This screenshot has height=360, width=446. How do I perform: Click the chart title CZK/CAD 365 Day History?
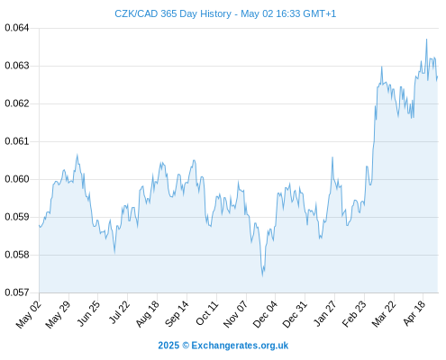pos(173,13)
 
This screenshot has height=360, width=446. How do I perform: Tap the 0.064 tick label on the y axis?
pos(17,28)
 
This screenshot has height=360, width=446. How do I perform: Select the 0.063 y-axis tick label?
pos(17,66)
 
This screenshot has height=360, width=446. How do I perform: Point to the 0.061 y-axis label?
pos(17,141)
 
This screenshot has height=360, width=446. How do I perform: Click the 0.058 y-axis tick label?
pos(17,255)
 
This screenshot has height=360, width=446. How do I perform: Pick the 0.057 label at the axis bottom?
pos(17,292)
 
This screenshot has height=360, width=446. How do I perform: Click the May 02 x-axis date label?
pos(29,313)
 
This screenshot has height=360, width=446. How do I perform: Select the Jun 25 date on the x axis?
pos(88,313)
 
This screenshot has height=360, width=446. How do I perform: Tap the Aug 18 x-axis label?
pos(147,313)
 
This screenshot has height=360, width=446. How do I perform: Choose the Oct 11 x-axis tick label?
pos(207,313)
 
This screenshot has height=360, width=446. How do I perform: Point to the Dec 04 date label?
pos(265,313)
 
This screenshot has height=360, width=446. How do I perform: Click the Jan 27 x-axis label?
pos(325,313)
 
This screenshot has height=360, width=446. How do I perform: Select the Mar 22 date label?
pos(384,313)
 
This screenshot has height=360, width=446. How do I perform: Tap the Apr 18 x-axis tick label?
pos(414,313)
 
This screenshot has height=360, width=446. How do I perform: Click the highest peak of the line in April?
pos(426,40)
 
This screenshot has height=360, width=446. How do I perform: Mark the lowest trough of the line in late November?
pos(262,275)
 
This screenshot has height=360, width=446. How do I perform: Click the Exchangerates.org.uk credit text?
pos(240,346)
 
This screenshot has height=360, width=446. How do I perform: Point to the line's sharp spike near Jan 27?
pos(332,157)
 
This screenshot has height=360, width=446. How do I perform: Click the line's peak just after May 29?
pos(77,155)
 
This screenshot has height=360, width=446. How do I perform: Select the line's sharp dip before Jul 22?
pos(114,253)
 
